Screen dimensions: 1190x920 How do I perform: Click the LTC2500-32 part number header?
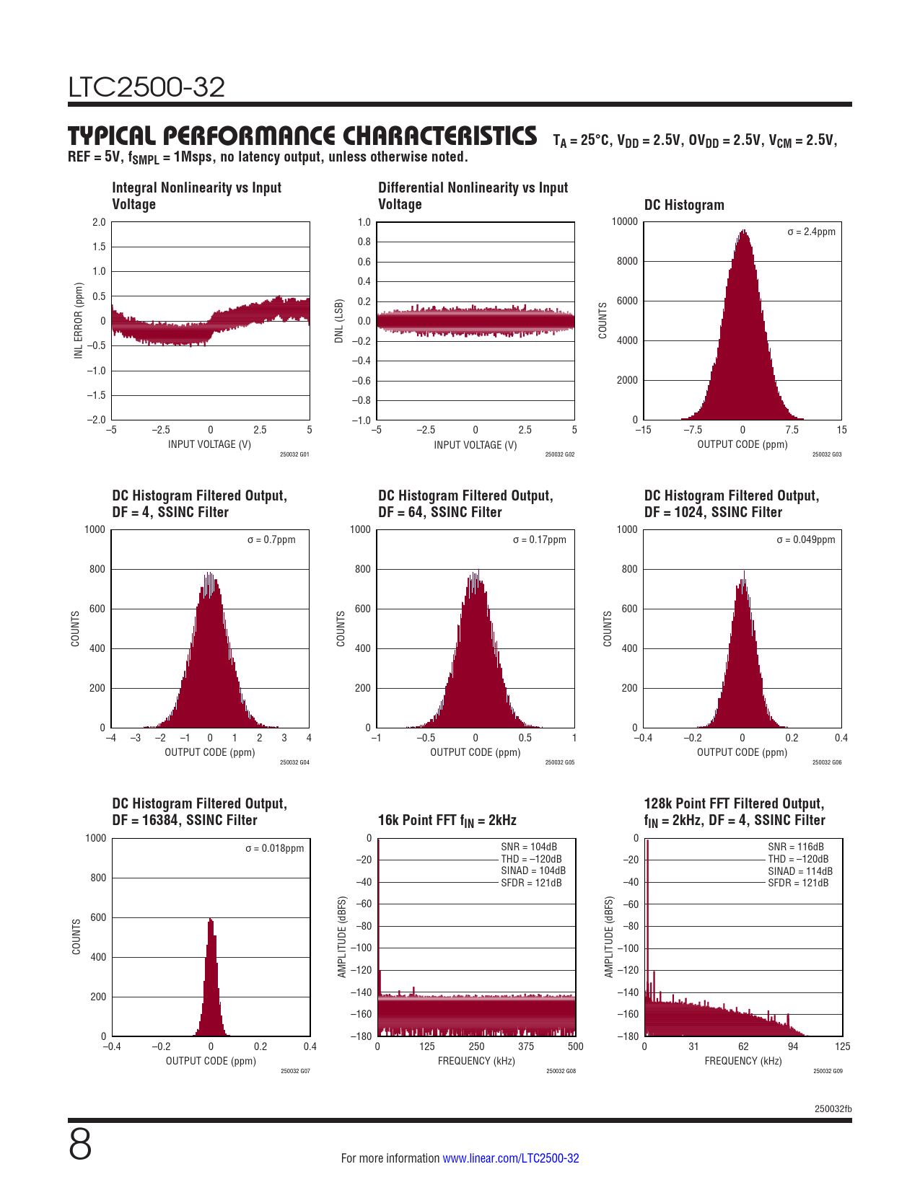146,87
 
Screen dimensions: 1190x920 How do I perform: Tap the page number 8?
80,1145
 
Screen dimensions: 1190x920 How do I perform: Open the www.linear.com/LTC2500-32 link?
510,1158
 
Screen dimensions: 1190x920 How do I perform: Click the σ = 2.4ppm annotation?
811,232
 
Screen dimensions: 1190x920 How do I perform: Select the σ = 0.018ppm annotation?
274,848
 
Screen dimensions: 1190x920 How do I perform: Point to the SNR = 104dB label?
529,847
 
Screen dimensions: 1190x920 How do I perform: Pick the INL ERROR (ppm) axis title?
79,320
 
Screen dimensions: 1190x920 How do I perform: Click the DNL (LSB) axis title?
339,321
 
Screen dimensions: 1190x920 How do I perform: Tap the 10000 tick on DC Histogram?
625,221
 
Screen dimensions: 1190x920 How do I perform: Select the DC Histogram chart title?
684,205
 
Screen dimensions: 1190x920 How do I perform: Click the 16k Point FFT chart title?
447,821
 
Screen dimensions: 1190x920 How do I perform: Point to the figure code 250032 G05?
560,762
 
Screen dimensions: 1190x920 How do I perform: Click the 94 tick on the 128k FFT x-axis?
793,1046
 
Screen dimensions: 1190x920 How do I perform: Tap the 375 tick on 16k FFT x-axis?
526,1046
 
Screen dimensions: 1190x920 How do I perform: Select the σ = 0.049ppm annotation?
805,539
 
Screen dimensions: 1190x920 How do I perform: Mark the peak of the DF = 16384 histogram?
210,919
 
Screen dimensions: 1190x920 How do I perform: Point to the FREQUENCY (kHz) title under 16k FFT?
476,1061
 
